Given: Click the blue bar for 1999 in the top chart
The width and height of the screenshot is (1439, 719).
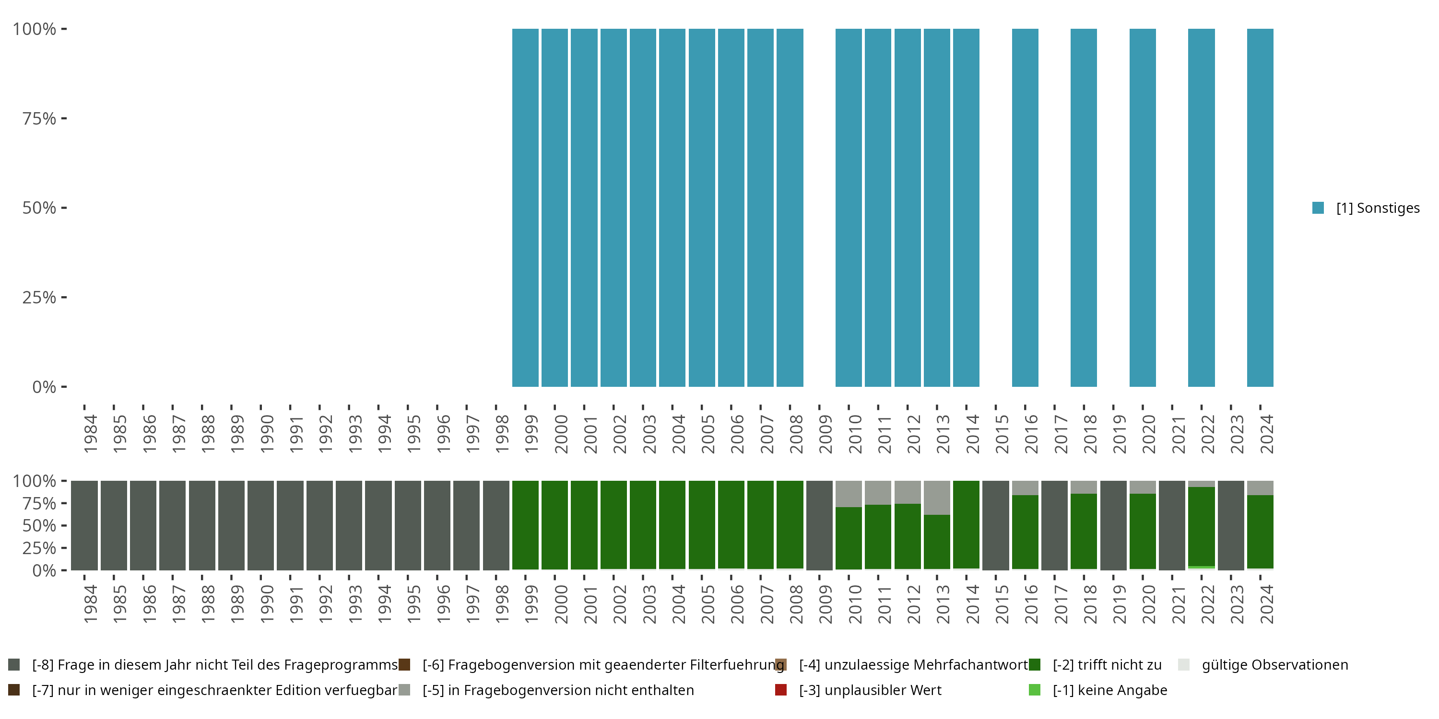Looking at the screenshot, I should pos(525,208).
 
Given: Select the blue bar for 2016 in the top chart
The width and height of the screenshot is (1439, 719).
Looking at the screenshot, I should pos(1025,208).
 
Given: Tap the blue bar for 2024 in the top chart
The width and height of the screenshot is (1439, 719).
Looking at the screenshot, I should pos(1260,208).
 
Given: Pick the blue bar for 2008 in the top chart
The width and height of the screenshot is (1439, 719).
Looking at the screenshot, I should pos(790,208).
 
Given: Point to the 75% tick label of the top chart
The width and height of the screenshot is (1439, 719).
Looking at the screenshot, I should pos(39,118).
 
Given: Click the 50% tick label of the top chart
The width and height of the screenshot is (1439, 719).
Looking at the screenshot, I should pos(39,208).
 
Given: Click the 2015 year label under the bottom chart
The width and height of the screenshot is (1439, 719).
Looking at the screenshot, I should pos(1002,604).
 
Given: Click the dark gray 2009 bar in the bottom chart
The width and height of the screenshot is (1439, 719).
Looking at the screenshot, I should pos(819,525).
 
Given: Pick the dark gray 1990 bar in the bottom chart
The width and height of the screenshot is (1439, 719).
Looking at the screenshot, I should pos(261,525).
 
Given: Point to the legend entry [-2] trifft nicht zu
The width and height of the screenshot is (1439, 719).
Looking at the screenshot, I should pos(1107,665).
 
